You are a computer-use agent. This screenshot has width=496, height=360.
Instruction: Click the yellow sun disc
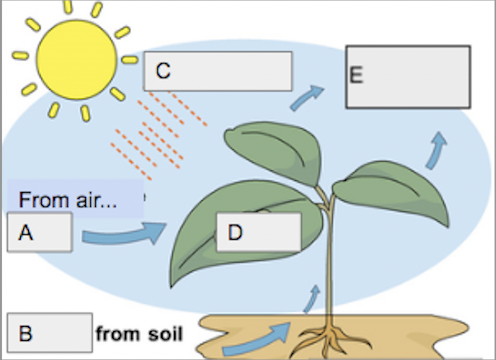click(x=77, y=60)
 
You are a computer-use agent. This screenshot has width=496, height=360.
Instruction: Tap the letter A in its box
click(x=25, y=232)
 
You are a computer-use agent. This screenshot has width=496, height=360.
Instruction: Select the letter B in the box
click(x=25, y=333)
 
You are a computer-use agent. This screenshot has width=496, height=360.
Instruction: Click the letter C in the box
click(x=163, y=70)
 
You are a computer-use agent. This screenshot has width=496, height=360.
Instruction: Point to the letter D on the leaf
click(x=235, y=232)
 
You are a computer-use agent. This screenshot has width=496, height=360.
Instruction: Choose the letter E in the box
click(x=356, y=75)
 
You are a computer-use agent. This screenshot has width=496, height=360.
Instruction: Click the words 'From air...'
click(x=68, y=200)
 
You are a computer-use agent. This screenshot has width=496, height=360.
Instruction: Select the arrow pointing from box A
click(x=123, y=235)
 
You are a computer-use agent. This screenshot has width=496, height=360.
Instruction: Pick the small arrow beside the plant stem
click(x=312, y=299)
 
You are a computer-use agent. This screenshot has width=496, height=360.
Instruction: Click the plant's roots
click(x=329, y=340)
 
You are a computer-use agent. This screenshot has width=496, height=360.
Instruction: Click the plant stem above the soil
click(x=329, y=253)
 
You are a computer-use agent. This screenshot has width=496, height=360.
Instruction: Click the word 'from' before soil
click(x=117, y=334)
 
